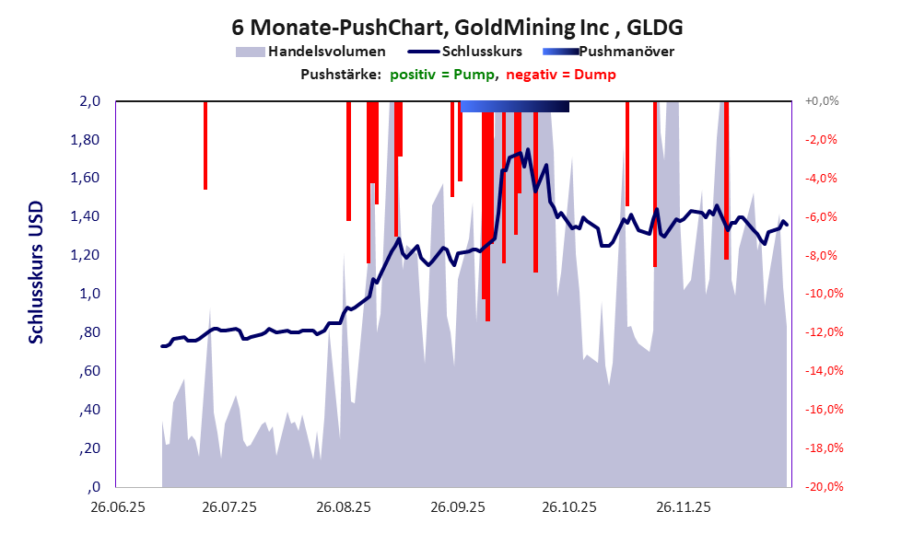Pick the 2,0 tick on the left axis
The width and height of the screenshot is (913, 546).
pyautogui.click(x=88, y=101)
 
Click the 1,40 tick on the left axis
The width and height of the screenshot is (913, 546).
pyautogui.click(x=86, y=217)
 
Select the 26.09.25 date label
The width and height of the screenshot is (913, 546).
pyautogui.click(x=457, y=507)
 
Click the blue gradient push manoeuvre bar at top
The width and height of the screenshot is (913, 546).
pyautogui.click(x=514, y=107)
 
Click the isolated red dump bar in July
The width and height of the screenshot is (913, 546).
pyautogui.click(x=205, y=145)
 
